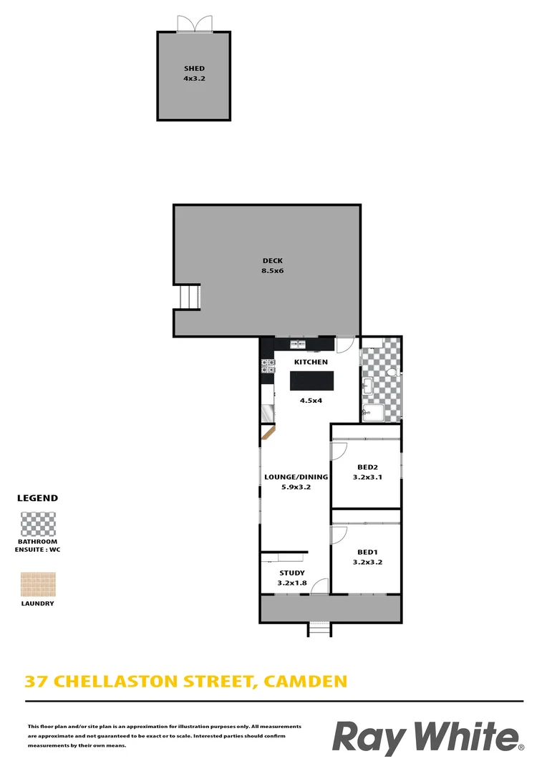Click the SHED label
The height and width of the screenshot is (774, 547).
(194, 69)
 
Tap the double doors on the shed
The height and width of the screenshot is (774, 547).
(195, 24)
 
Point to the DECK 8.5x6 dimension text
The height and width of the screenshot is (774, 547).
(273, 271)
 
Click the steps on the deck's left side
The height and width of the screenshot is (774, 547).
(188, 297)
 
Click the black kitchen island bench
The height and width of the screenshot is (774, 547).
(311, 381)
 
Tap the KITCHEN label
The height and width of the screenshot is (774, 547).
(310, 363)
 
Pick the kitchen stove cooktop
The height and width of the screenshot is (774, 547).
(268, 366)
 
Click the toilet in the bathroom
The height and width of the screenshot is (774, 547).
(392, 374)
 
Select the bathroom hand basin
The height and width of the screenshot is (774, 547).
(367, 388)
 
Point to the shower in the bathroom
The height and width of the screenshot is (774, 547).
(373, 412)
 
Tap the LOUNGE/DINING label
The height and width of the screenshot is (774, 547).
(296, 477)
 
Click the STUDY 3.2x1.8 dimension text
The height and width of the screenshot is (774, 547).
(291, 583)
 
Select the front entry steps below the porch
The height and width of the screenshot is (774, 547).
(319, 629)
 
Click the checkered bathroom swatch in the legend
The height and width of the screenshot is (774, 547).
(39, 524)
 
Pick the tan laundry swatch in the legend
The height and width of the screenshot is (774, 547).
(39, 584)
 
